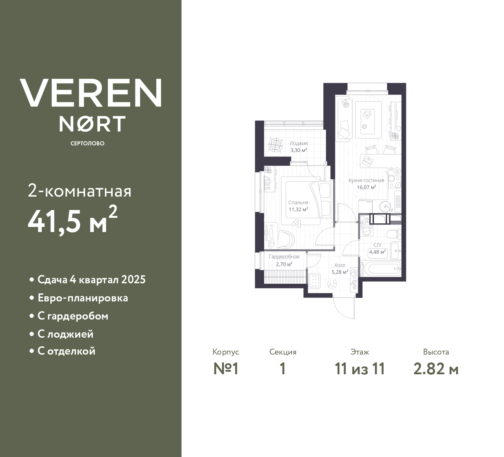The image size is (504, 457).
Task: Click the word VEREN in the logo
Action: tap(91, 93)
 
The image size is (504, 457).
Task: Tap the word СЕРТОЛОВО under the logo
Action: tap(87, 143)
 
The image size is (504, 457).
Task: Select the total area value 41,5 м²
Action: tap(72, 221)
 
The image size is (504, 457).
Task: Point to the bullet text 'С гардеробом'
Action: tap(73, 316)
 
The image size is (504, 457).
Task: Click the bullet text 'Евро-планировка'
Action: tap(83, 298)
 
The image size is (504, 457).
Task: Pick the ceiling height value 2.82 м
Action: tap(436, 369)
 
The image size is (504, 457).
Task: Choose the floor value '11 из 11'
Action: tap(359, 369)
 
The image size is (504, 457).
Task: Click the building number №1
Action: tap(226, 369)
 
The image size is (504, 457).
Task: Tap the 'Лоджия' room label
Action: tap(298, 143)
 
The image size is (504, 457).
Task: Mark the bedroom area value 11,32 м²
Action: tap(298, 209)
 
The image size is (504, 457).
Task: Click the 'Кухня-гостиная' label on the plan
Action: tap(366, 180)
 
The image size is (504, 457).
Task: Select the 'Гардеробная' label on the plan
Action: tap(284, 256)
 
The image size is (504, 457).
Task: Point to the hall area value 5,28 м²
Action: tap(340, 272)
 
